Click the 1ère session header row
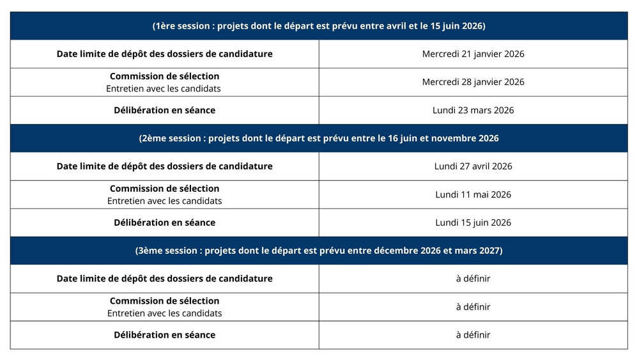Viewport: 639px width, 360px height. [x=319, y=26]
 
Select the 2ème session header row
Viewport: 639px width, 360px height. [x=319, y=138]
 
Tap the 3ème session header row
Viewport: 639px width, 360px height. [x=319, y=251]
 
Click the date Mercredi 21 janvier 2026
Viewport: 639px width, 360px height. [x=473, y=54]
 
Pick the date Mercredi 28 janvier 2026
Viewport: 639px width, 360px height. [x=473, y=82]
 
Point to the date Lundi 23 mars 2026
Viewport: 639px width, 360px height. [x=473, y=110]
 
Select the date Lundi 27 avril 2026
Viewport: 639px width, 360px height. [x=473, y=166]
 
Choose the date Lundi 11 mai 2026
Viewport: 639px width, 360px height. [x=473, y=194]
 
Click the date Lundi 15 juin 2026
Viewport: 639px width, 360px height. [x=473, y=223]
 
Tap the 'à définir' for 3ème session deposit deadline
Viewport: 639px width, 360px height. [x=473, y=279]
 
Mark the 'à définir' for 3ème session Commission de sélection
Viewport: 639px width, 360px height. [x=473, y=307]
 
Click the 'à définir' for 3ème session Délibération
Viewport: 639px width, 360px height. [x=473, y=335]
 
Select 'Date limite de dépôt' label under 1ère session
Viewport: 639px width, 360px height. [x=164, y=54]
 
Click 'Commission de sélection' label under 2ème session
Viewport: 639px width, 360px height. [x=164, y=189]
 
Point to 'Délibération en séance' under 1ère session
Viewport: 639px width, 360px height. [x=164, y=110]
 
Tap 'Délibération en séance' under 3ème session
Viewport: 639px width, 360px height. [x=164, y=335]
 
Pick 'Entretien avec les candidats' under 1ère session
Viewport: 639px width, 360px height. [x=164, y=88]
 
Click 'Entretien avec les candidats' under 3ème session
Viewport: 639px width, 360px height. [x=164, y=313]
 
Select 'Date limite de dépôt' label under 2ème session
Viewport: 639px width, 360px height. [x=164, y=166]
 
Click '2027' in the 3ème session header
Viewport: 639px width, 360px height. [x=489, y=251]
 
